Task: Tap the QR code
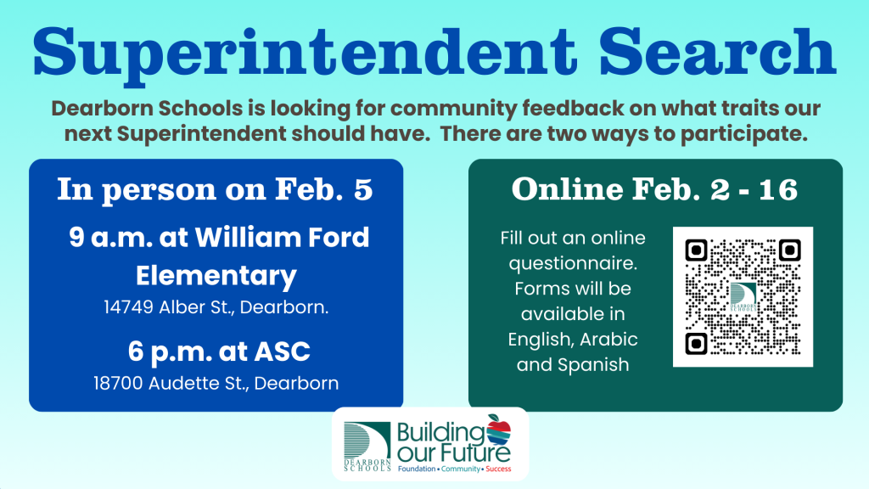click(x=743, y=297)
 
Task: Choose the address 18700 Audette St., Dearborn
click(x=216, y=383)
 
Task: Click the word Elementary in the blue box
click(x=216, y=276)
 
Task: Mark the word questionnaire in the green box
click(x=573, y=263)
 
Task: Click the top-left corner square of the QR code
click(x=697, y=250)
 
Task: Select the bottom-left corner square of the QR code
click(x=697, y=343)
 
